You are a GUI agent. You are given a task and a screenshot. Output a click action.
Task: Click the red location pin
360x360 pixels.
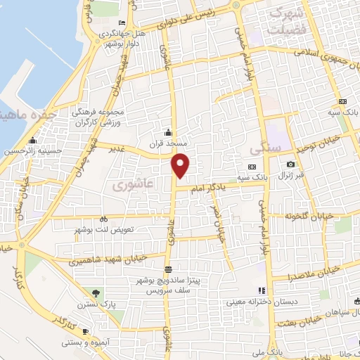click(181, 165)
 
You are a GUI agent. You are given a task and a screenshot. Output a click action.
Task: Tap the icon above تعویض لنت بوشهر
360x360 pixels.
click(104, 218)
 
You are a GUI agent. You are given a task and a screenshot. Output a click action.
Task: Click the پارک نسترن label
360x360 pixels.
click(97, 304)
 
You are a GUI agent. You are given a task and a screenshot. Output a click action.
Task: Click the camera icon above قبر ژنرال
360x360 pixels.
click(291, 165)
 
